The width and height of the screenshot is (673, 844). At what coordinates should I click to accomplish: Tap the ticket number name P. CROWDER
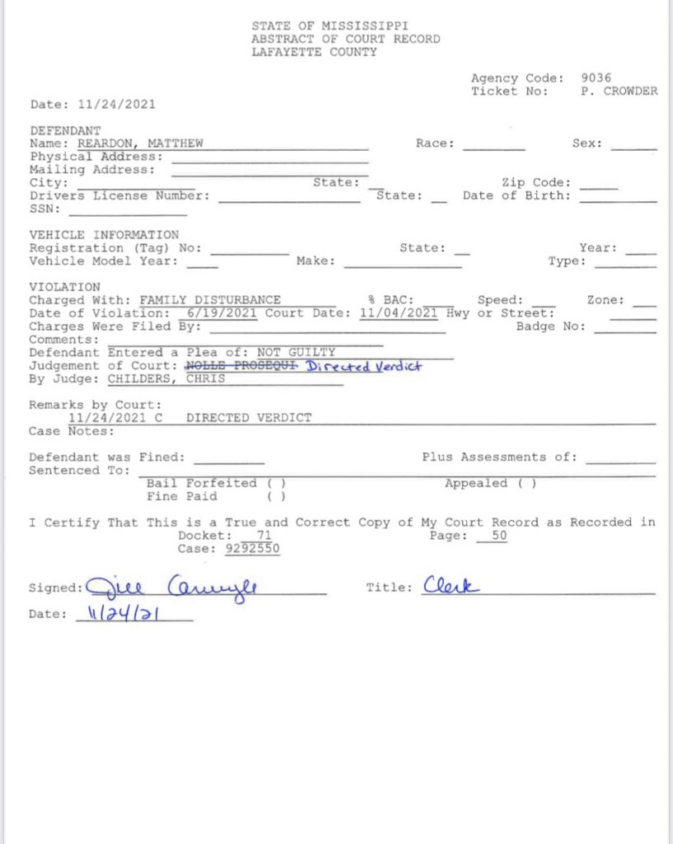pos(619,91)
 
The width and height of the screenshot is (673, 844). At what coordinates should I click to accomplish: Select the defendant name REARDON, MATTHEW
pos(140,143)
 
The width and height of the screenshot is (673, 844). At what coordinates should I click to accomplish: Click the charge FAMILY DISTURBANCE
pos(210,301)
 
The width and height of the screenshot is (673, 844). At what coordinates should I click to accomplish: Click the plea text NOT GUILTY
pos(296,353)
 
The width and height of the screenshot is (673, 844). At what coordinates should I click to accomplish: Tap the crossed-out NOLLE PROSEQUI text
pos(241,366)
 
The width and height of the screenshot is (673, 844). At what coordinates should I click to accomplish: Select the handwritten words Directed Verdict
pos(363,366)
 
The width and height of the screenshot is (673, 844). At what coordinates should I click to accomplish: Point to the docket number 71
pos(264,536)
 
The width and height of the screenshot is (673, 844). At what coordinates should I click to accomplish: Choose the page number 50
pos(499,536)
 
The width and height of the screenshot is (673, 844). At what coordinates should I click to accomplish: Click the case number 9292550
pos(252,549)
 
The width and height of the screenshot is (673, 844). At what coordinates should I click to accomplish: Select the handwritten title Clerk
pos(451,586)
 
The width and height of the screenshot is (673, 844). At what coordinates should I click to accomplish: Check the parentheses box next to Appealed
pos(527,484)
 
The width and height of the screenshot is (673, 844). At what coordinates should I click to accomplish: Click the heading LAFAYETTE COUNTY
pos(314,52)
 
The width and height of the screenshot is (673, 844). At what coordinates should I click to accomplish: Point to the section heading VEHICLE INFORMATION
pos(104,235)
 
